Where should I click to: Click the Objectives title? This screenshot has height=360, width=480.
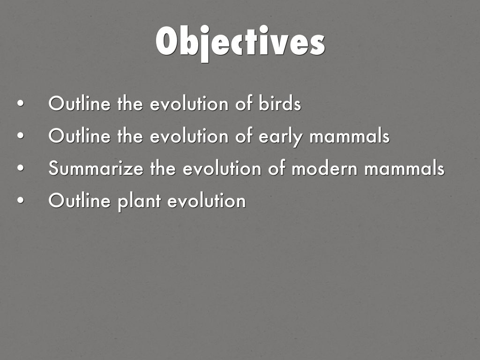pos(240,43)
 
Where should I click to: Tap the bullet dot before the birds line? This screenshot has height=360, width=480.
pos(21,103)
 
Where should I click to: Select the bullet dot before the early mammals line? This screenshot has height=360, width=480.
pos(21,135)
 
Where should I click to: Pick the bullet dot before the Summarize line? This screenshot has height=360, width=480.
pos(21,168)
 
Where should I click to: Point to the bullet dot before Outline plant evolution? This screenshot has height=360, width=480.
pos(21,200)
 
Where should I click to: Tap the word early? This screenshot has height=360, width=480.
pos(281,136)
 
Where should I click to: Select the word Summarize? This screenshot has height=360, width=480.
pos(96,168)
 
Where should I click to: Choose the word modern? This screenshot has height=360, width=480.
pos(324,168)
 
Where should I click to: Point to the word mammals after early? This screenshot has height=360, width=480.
pos(349,135)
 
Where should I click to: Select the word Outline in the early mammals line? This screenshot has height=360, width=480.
pos(79,135)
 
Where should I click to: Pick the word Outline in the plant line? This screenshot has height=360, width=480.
pos(79,200)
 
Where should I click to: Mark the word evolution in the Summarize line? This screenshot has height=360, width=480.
pos(222,168)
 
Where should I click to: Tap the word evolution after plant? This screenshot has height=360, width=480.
pos(207,200)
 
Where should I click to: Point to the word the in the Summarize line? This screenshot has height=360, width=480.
pos(163,168)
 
